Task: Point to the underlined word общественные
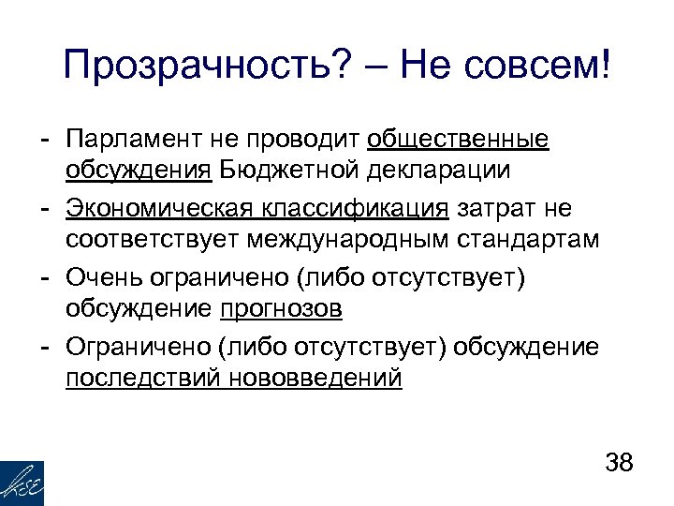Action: pos(459,140)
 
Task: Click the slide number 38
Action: pos(620,464)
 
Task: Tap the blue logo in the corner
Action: pos(22,483)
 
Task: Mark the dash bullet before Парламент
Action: pos(43,141)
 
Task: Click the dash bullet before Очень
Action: pos(43,276)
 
